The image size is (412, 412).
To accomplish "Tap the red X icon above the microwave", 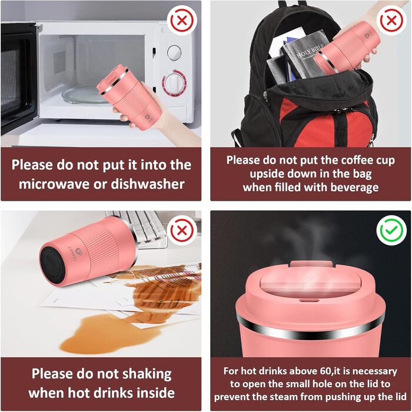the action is point(182,21).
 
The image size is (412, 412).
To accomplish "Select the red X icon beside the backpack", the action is point(391,21).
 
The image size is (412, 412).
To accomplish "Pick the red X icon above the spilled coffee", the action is point(182,231).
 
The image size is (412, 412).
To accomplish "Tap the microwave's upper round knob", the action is point(174,52).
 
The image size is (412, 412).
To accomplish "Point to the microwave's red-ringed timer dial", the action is point(174,83).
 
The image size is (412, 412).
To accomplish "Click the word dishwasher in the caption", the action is point(148,184).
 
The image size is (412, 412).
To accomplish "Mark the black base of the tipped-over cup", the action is point(52,265).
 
